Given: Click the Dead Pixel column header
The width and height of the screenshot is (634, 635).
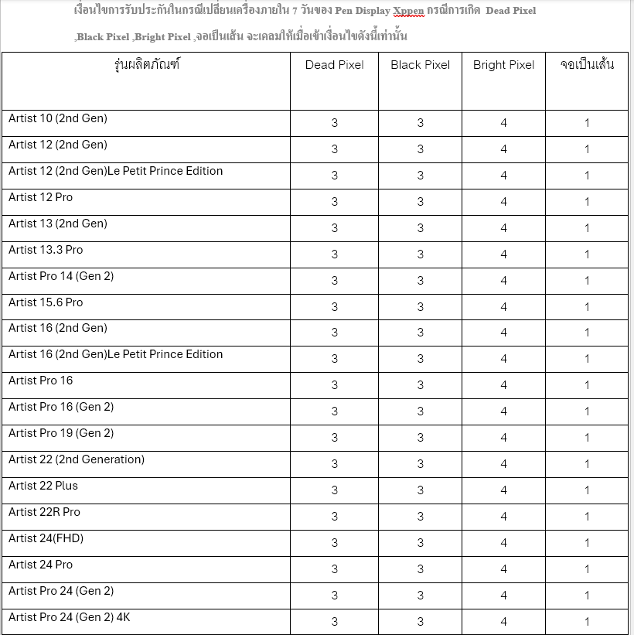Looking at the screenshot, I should [334, 65].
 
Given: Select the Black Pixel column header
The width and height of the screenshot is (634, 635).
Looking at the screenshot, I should [420, 65].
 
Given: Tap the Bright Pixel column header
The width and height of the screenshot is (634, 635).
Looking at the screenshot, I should [503, 65].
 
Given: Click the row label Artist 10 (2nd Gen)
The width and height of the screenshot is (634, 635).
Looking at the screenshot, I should [58, 118].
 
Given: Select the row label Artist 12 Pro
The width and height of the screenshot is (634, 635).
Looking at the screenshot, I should [40, 197].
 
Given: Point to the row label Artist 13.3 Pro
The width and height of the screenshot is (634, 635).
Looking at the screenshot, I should [46, 250].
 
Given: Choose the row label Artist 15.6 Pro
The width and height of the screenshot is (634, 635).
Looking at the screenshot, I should [46, 302].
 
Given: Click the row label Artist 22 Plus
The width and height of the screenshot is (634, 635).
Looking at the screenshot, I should [43, 486].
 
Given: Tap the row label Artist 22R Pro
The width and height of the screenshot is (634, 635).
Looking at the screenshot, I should [44, 512].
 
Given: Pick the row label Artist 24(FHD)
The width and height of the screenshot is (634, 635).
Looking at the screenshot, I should [46, 538].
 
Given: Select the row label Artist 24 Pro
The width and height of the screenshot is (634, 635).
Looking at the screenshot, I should [40, 565].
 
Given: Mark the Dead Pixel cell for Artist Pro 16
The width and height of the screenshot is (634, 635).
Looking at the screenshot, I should [334, 385].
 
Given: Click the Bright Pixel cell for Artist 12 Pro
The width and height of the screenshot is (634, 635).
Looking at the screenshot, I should [503, 202].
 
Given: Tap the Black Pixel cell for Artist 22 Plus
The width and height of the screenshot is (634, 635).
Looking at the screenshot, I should [420, 490].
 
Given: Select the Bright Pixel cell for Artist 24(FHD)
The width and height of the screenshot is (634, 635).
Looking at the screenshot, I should [503, 543].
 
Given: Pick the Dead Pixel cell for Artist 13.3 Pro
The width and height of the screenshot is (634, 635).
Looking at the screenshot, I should [334, 254].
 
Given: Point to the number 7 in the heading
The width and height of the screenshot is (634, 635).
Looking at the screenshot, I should [295, 11].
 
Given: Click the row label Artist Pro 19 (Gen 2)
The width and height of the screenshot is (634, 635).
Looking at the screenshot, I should [61, 433].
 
